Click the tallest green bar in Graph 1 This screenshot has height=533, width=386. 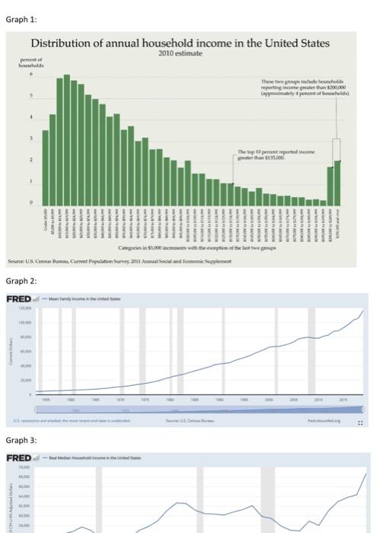pos(67,137)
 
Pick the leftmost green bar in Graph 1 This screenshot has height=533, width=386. pos(45,164)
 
